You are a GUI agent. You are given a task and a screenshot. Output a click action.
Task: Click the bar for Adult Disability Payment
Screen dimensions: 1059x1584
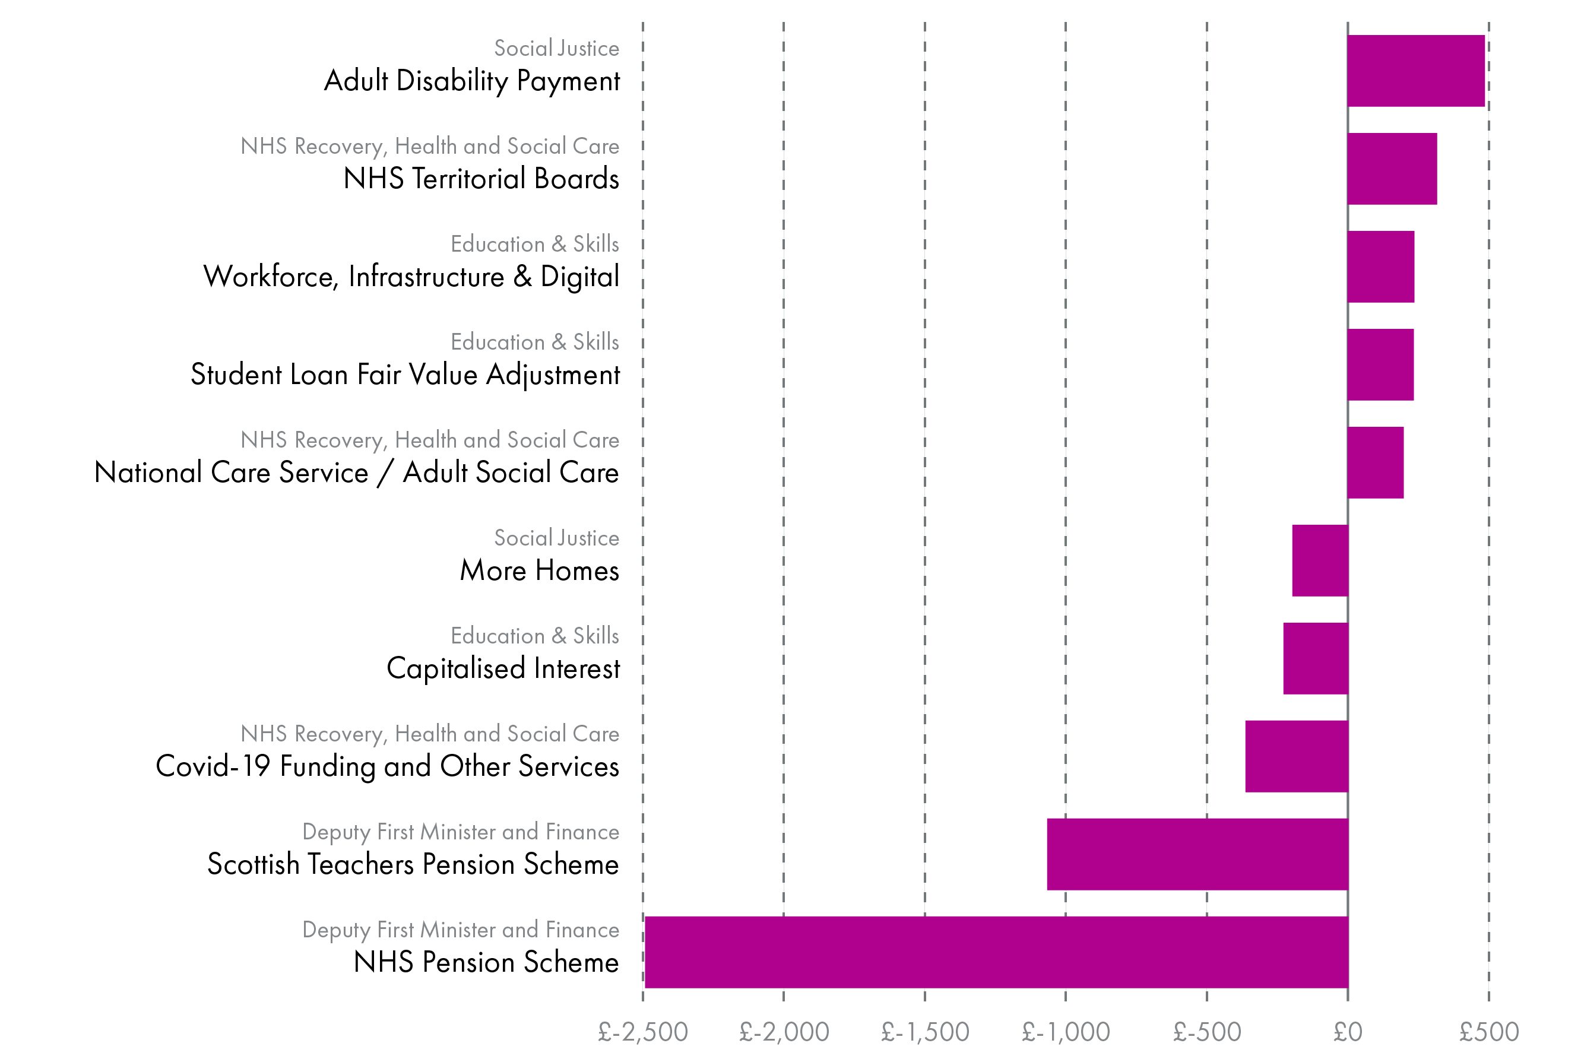click(1416, 71)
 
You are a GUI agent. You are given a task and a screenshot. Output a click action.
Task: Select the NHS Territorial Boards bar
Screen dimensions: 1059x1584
click(1392, 169)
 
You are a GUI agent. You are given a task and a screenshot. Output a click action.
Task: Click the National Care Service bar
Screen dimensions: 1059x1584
click(1374, 462)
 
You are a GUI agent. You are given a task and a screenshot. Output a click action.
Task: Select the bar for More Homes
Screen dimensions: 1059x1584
click(1320, 560)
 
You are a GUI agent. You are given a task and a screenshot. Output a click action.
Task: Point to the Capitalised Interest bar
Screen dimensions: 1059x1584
click(1315, 658)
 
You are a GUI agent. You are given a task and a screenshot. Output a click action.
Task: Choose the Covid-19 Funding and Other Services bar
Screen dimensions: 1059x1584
click(1296, 756)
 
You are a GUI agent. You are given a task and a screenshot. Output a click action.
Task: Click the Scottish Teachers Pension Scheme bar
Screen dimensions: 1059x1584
click(1197, 854)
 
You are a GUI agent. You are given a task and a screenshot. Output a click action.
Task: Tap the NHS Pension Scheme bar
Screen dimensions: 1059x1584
click(996, 952)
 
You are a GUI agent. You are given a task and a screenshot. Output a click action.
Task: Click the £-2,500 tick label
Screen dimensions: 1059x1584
click(642, 1032)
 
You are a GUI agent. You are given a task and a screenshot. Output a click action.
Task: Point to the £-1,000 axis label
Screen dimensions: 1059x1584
click(1065, 1032)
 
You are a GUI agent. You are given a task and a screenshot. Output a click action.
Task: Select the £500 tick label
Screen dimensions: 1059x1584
click(1489, 1032)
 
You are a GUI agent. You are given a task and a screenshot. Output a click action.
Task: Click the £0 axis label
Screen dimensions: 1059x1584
click(1348, 1032)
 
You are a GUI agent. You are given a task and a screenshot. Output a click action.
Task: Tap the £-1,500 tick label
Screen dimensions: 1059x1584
click(925, 1032)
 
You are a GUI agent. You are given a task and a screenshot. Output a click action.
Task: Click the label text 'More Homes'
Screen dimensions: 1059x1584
click(539, 570)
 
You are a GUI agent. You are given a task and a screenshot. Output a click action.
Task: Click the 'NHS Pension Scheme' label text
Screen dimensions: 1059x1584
click(486, 962)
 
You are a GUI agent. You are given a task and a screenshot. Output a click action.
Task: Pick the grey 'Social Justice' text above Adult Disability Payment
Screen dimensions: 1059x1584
click(556, 49)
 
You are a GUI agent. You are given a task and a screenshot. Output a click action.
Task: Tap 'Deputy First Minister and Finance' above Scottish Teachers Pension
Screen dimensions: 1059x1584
click(460, 832)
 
